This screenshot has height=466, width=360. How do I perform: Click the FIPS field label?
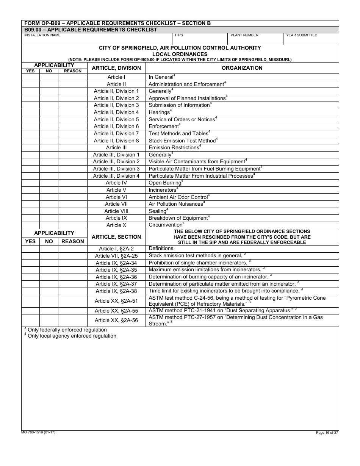tap(179, 35)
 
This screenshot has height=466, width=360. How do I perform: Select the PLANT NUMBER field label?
tap(244, 35)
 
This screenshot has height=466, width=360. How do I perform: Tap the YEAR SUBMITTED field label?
tap(302, 35)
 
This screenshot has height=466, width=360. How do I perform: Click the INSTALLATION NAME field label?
tap(42, 35)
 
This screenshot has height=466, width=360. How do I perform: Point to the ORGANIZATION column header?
tap(242, 68)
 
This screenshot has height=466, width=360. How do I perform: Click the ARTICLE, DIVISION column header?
tap(116, 68)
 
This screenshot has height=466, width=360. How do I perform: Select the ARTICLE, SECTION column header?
tap(116, 237)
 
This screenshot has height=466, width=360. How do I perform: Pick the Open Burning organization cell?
tap(165, 183)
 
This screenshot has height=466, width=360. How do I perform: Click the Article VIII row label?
tap(116, 211)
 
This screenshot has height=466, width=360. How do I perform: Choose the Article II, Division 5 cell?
tap(116, 119)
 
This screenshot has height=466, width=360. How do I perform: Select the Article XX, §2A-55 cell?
tap(116, 311)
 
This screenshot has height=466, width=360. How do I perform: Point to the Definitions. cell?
tap(162, 249)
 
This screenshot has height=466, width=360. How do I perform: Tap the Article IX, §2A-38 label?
tap(116, 291)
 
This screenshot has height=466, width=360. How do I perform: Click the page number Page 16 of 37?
tap(327, 433)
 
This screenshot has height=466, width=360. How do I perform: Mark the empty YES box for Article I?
tap(30, 77)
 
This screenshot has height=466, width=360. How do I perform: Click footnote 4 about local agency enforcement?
tap(71, 336)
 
